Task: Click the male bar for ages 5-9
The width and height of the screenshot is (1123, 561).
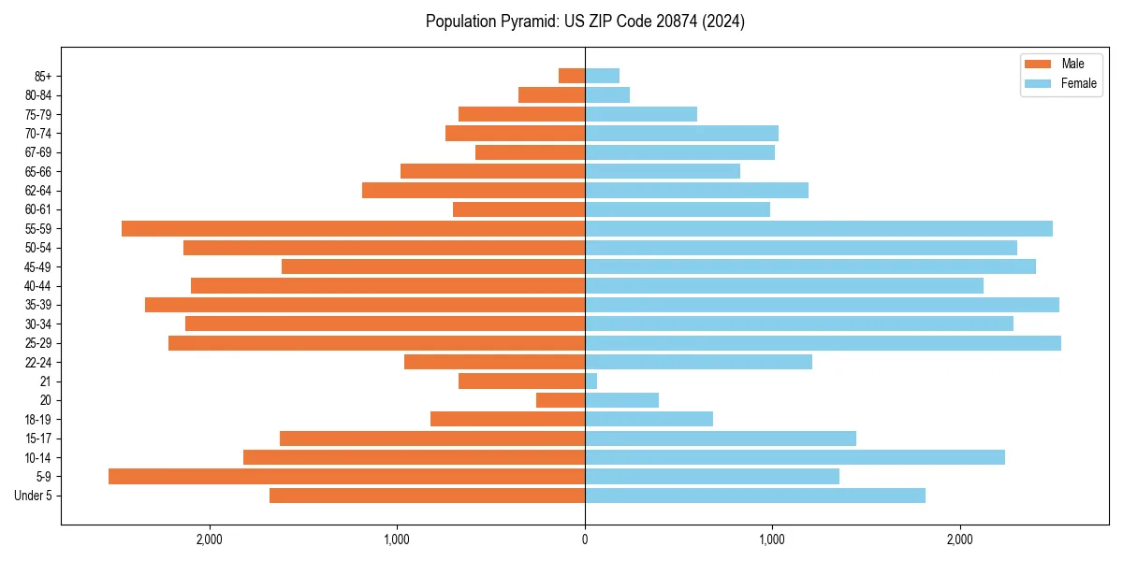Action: tap(346, 477)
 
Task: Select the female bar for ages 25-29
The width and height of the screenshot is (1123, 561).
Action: tap(823, 343)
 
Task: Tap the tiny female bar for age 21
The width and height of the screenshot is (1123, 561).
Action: tap(591, 381)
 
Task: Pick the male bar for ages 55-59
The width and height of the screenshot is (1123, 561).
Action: tap(353, 229)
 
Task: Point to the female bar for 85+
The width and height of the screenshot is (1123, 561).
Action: tap(602, 76)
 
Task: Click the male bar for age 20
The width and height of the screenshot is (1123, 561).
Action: tap(561, 400)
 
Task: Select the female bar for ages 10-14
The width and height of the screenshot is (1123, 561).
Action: tap(795, 457)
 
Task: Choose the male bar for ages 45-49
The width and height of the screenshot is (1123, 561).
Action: tap(433, 266)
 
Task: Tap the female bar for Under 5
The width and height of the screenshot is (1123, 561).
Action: tap(755, 496)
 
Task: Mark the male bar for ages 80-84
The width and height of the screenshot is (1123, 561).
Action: tap(551, 95)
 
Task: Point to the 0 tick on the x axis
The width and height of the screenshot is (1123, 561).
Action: tap(585, 539)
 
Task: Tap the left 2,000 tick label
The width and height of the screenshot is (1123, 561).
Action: tap(210, 539)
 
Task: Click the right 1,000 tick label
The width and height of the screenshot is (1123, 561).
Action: tap(772, 539)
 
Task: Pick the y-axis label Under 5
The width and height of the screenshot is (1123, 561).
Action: tap(34, 496)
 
